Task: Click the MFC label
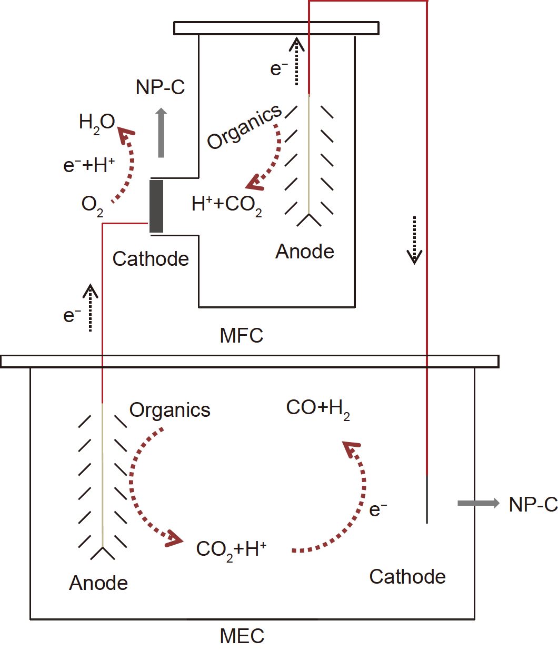[x=241, y=335]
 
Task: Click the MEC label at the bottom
[x=242, y=636]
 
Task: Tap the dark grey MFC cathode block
[x=156, y=206]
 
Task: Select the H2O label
[x=97, y=123]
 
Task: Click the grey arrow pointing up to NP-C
[x=161, y=133]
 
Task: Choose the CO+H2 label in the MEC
[x=318, y=408]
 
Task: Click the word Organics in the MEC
[x=170, y=410]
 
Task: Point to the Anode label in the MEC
[x=98, y=583]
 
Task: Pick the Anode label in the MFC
[x=305, y=252]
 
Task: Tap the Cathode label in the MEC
[x=407, y=577]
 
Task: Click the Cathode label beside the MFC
[x=151, y=259]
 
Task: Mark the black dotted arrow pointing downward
[x=414, y=239]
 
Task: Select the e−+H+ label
[x=89, y=165]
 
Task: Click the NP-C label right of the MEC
[x=533, y=505]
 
